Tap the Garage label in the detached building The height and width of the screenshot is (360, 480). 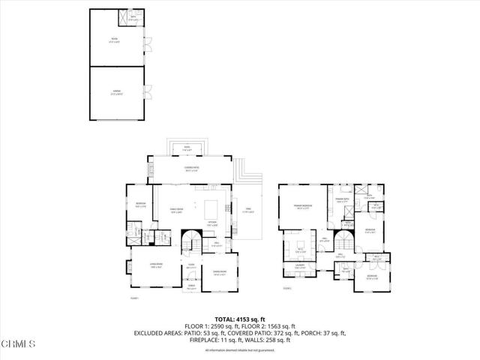(116, 92)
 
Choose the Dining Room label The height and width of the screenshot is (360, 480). (220, 271)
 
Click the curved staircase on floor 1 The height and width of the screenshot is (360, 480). (193, 241)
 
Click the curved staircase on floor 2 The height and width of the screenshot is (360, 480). (343, 241)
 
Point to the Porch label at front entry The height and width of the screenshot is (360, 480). (191, 286)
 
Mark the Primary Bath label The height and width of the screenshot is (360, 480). (342, 200)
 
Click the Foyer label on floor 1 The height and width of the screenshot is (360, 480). (191, 266)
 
